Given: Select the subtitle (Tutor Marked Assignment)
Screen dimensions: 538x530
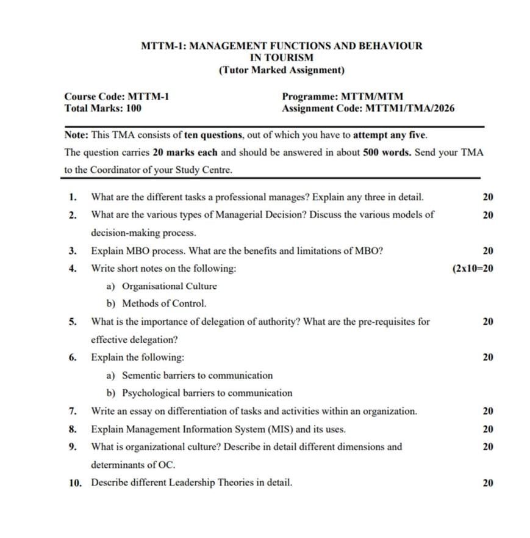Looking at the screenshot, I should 281,70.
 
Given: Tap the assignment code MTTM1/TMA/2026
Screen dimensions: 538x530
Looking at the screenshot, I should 409,108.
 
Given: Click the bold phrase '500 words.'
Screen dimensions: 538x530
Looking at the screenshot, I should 388,152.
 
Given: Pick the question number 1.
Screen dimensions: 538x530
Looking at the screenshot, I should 73,197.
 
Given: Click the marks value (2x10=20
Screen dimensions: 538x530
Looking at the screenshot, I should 473,268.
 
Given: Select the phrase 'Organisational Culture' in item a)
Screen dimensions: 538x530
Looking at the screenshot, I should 170,286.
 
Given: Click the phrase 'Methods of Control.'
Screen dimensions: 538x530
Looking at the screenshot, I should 164,304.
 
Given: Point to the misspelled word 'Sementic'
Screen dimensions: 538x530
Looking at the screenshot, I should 139,375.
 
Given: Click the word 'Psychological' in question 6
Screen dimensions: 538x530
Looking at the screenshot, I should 149,393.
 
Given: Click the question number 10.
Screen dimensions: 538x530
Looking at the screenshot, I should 75,483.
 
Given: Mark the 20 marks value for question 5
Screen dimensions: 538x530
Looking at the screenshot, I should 487,322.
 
